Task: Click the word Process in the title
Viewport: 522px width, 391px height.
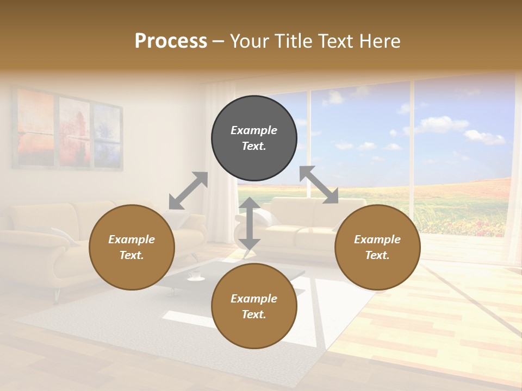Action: [x=171, y=41]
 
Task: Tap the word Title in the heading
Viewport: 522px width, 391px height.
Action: [x=293, y=41]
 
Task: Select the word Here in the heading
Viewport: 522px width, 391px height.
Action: [x=380, y=41]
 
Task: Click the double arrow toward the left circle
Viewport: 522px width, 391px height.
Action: [x=188, y=191]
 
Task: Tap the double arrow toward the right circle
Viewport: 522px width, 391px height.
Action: [x=319, y=185]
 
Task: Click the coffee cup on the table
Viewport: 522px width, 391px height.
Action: [x=195, y=275]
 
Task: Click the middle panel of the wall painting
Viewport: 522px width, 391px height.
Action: [x=74, y=132]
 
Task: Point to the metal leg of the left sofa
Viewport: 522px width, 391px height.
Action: [x=56, y=296]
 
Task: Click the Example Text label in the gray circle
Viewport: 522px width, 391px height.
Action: [x=254, y=138]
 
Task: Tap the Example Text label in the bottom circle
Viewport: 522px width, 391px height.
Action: [x=254, y=306]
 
